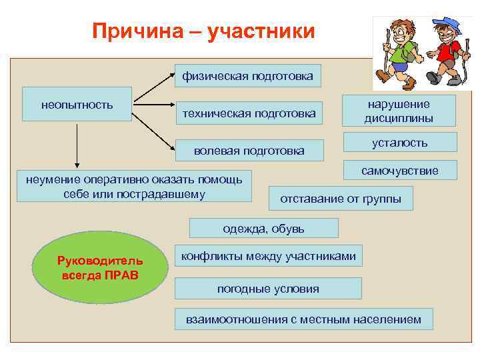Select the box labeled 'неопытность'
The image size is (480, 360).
pyautogui.click(x=77, y=104)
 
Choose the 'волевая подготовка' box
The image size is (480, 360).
pyautogui.click(x=249, y=151)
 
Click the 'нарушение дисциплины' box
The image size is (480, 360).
pyautogui.click(x=399, y=111)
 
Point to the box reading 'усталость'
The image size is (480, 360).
pyautogui.click(x=400, y=143)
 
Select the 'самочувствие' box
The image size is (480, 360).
pyautogui.click(x=400, y=171)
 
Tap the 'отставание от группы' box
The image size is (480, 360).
pyautogui.click(x=341, y=199)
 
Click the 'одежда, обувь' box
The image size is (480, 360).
pyautogui.click(x=263, y=228)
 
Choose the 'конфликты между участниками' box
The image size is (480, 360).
pyautogui.click(x=269, y=256)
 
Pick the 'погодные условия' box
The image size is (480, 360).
pyautogui.click(x=268, y=289)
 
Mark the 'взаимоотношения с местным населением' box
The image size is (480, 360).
pyautogui.click(x=303, y=319)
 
